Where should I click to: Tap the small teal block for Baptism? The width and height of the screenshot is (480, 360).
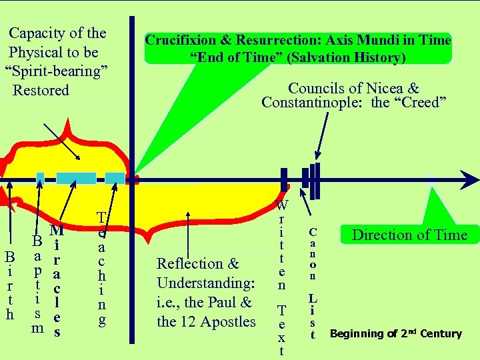click(x=40, y=178)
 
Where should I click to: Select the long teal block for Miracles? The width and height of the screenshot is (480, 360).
click(x=75, y=178)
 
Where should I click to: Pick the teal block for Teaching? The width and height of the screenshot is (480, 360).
click(x=115, y=178)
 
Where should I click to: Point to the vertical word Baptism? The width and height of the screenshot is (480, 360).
click(x=39, y=283)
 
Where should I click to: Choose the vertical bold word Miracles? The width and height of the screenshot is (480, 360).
click(x=57, y=280)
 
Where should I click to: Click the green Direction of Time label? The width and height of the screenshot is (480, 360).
click(x=409, y=234)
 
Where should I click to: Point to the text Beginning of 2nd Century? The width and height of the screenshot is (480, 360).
click(x=396, y=333)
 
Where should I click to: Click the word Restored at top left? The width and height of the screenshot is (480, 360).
click(x=41, y=89)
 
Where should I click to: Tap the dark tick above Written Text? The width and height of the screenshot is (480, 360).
click(x=284, y=179)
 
